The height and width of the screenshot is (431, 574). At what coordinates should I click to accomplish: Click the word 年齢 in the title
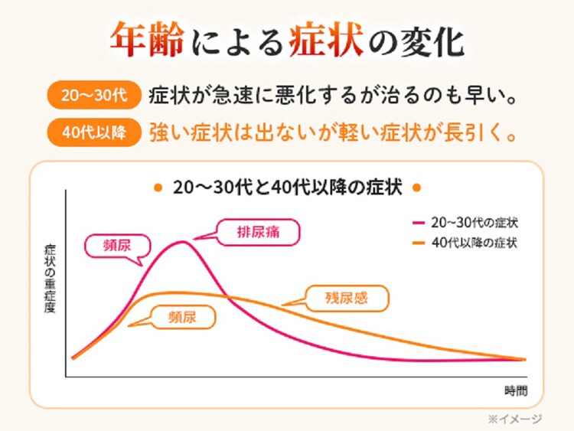147,39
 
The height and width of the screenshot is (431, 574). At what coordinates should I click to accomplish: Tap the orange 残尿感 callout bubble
346,298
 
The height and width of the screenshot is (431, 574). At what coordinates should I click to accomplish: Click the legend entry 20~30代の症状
474,223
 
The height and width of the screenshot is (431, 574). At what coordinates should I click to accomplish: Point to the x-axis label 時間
515,390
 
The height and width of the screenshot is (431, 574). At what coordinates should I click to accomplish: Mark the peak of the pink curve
182,242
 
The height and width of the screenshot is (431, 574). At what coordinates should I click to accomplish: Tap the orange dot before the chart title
157,188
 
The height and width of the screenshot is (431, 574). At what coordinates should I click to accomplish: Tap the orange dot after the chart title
417,188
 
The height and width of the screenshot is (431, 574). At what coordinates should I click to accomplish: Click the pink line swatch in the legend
418,223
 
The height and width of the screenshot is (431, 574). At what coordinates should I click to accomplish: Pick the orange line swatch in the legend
418,243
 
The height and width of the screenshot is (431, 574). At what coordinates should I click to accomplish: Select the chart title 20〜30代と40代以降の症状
287,188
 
